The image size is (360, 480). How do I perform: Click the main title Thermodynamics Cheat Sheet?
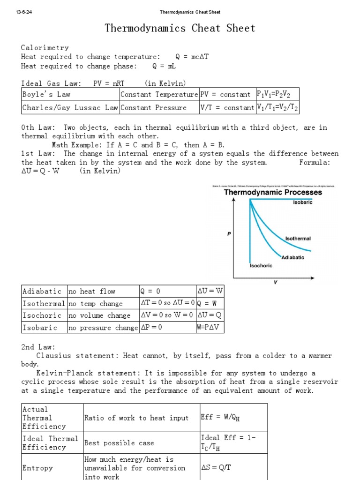(180, 28)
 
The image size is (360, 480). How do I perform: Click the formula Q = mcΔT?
(192, 57)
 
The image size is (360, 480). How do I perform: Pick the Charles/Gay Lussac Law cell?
(70, 108)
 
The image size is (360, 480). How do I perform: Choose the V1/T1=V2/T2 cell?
(277, 108)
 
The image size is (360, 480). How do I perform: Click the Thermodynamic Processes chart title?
(273, 192)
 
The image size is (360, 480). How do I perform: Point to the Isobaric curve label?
(302, 202)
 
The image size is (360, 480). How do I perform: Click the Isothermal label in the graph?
(298, 239)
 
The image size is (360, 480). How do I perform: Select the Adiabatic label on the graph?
(293, 257)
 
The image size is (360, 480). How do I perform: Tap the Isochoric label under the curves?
(261, 265)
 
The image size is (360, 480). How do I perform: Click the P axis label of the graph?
(229, 233)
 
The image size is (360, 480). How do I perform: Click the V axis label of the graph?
(275, 282)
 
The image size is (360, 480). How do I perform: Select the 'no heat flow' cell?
(92, 292)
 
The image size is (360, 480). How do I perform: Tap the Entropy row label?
(38, 468)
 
